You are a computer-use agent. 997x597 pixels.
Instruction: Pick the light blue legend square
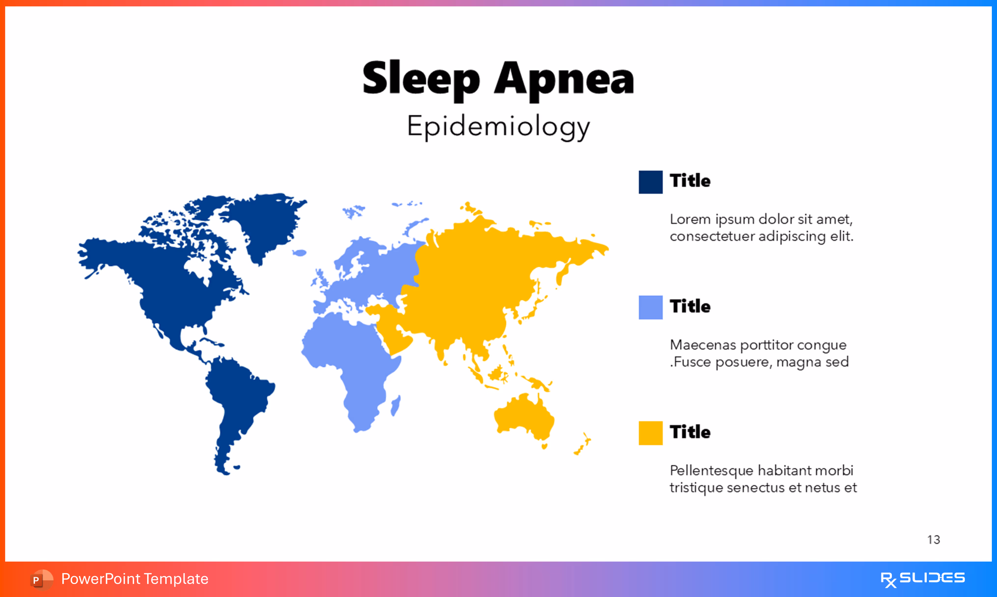[650, 307]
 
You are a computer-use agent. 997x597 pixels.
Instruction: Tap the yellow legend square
[650, 433]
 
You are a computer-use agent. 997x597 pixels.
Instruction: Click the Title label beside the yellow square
[690, 432]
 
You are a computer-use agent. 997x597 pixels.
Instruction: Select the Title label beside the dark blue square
[690, 181]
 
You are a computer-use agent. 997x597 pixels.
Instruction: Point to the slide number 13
[933, 540]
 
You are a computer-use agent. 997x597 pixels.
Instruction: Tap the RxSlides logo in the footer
[922, 579]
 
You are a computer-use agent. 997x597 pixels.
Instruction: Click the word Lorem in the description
[690, 219]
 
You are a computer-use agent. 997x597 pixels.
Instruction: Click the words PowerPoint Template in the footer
[135, 579]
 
